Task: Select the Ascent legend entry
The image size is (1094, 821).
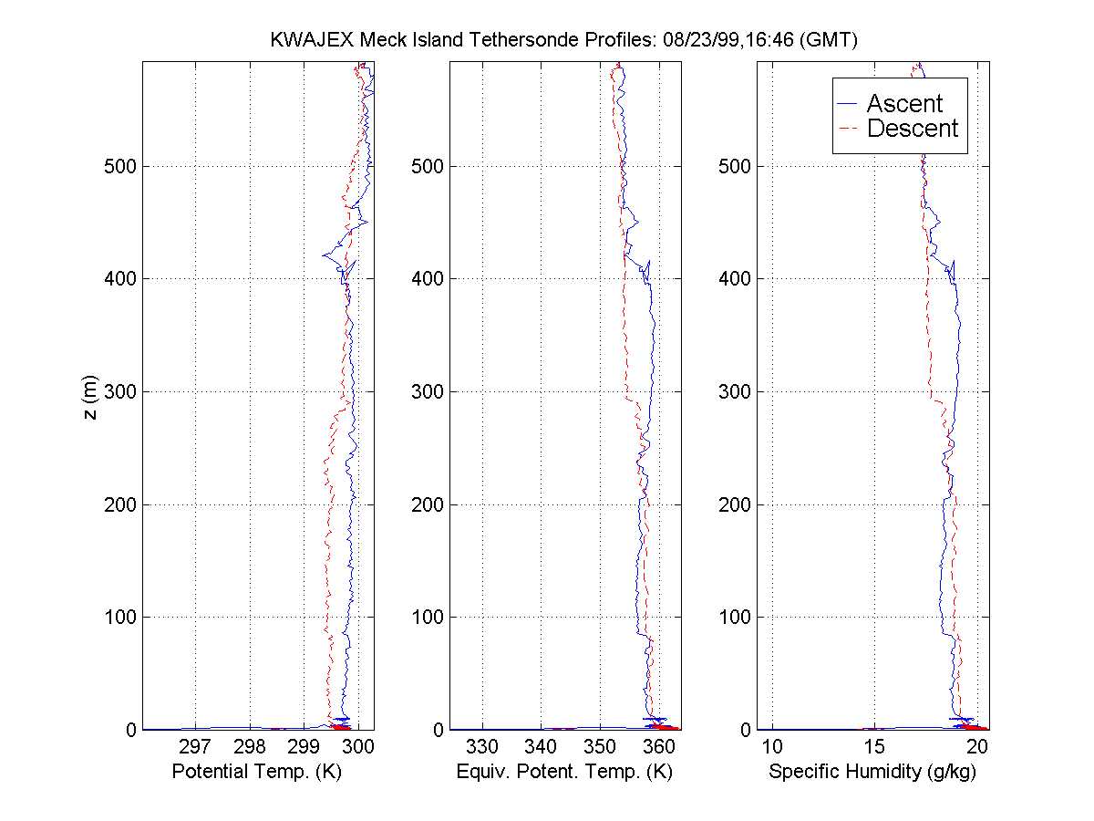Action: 904,104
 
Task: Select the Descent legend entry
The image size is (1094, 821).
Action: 913,129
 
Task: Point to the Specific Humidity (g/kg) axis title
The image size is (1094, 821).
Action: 873,773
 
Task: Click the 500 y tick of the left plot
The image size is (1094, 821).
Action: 118,165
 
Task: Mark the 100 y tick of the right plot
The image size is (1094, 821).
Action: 734,617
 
